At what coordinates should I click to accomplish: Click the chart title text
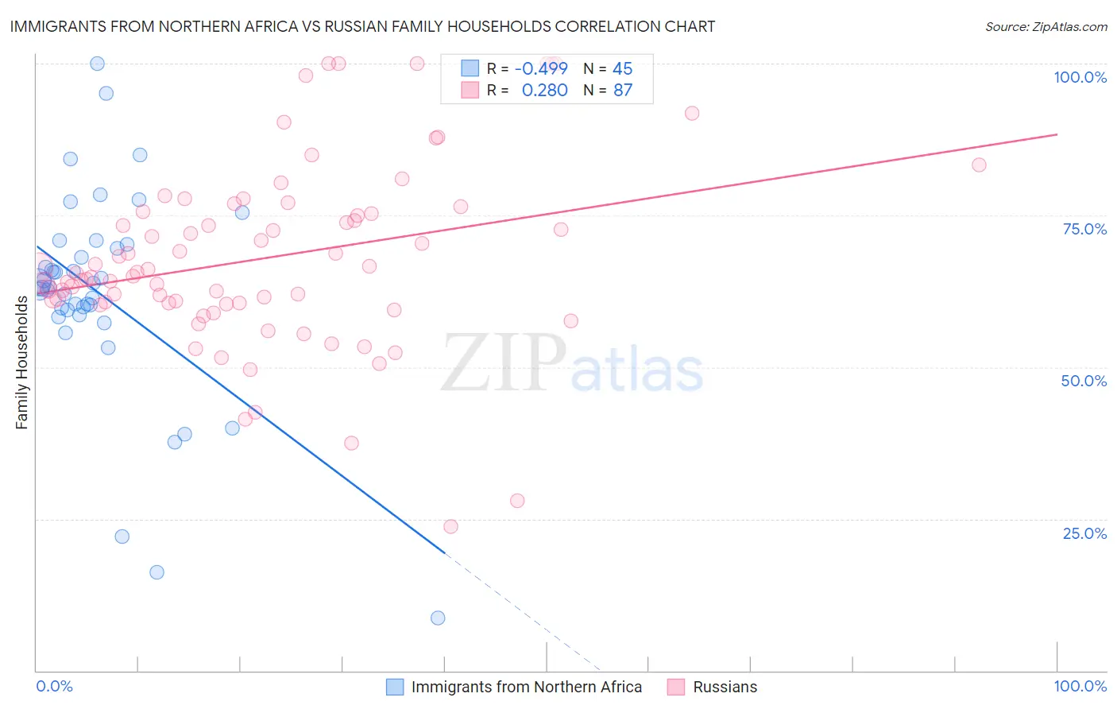[362, 26]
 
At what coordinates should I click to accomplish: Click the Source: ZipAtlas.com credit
[1045, 26]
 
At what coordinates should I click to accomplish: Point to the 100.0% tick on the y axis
[1080, 77]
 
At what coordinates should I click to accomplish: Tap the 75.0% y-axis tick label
[1084, 229]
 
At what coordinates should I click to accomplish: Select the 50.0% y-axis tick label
[1084, 381]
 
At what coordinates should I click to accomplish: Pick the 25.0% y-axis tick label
[1084, 533]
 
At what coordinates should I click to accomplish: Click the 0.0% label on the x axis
[54, 686]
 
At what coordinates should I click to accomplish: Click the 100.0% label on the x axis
[1080, 686]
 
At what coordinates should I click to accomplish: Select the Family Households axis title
[22, 362]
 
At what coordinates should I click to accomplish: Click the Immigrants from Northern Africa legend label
[526, 687]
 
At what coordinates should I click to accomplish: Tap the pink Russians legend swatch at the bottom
[675, 687]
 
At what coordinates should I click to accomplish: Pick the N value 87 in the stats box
[623, 91]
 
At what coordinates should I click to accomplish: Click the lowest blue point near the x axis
[438, 618]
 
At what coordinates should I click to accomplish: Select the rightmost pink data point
[979, 165]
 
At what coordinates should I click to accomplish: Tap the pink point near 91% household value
[692, 113]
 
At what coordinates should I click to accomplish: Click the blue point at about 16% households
[157, 572]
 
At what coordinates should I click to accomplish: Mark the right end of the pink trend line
[1057, 134]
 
